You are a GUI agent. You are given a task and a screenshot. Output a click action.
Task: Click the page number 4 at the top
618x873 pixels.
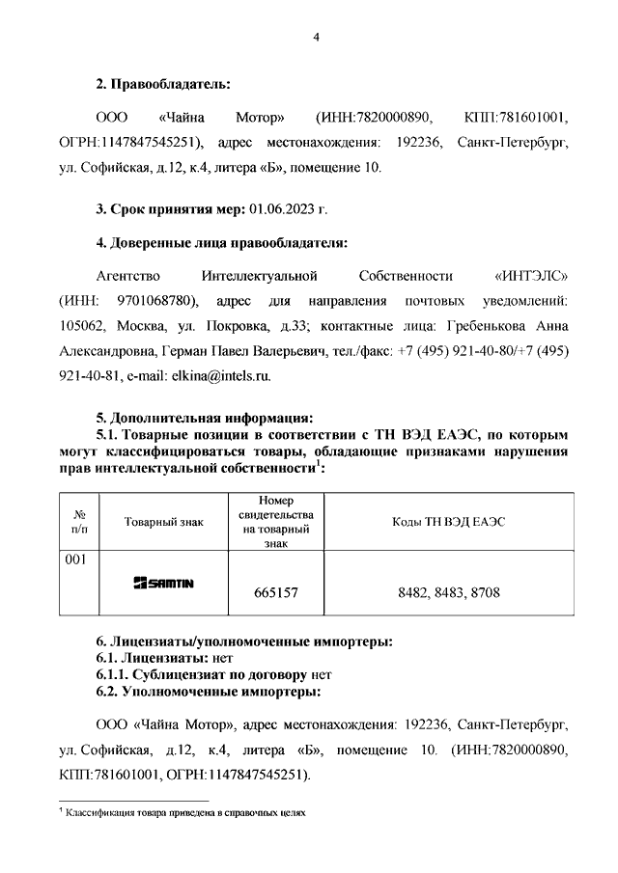click(315, 37)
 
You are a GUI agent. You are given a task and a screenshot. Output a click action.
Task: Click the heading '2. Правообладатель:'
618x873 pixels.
click(163, 85)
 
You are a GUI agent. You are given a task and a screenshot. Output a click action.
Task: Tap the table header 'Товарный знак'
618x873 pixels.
click(164, 522)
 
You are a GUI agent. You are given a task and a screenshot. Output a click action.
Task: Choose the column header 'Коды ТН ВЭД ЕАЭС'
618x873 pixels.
click(449, 522)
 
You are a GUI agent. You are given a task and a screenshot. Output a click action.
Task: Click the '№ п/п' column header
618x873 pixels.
click(80, 522)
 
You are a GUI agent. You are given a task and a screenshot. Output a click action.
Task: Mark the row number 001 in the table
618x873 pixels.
click(76, 560)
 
